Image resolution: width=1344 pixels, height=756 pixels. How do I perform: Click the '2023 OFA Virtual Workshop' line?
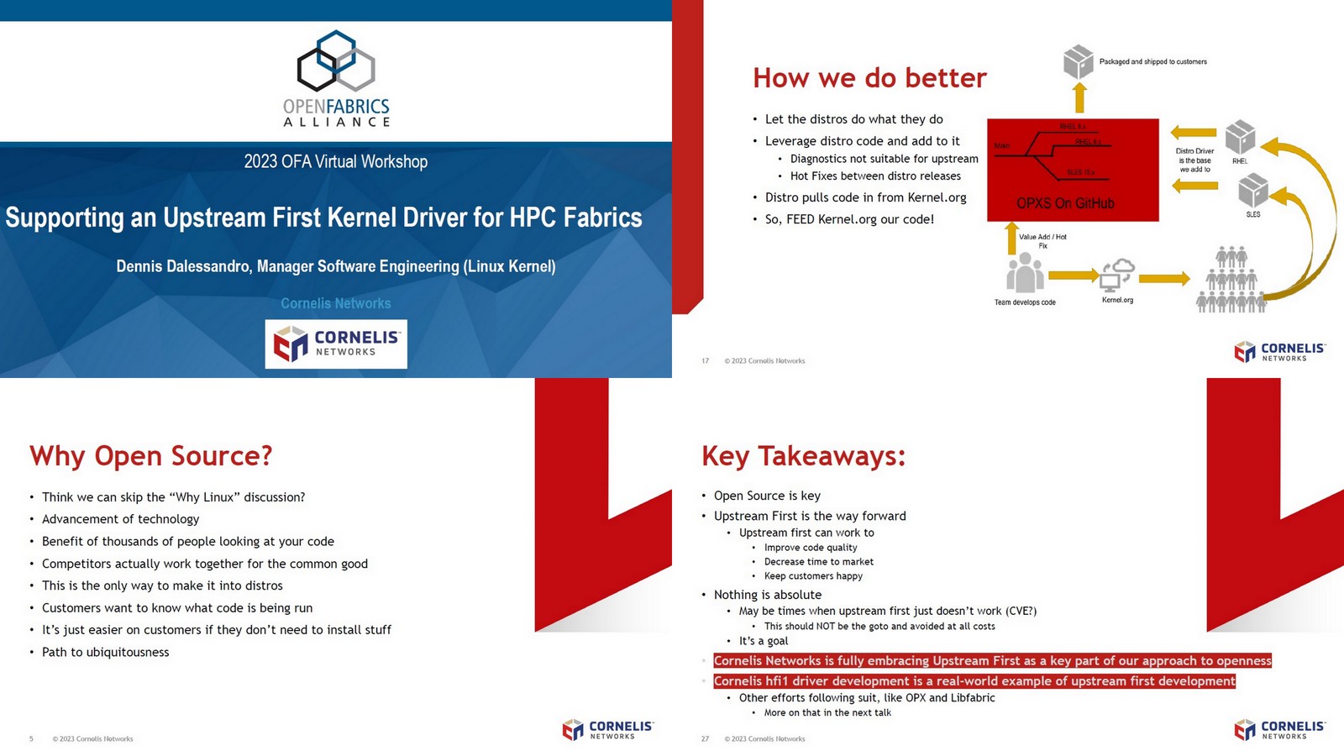click(x=336, y=161)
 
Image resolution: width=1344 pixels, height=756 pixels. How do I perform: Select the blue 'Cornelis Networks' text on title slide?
click(x=336, y=303)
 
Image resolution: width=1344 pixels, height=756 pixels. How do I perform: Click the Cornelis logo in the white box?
click(x=336, y=344)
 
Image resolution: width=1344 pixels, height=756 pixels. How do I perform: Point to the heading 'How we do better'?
click(x=869, y=78)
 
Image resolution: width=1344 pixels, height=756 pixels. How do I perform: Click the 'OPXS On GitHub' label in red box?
click(x=1065, y=203)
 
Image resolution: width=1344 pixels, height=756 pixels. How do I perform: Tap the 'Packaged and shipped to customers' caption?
click(x=1152, y=62)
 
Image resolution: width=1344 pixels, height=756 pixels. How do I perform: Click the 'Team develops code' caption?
click(x=1025, y=302)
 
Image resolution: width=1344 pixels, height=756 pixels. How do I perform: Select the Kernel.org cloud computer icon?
click(x=1117, y=275)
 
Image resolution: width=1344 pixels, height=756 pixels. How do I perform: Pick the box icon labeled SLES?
click(x=1253, y=190)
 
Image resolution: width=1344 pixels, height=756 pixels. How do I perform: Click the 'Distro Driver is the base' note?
click(x=1194, y=160)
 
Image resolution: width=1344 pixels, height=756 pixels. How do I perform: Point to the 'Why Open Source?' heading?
click(x=151, y=456)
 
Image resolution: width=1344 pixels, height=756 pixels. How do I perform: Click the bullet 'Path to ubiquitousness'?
click(x=106, y=652)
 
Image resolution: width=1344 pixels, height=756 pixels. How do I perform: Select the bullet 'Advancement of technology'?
click(x=121, y=519)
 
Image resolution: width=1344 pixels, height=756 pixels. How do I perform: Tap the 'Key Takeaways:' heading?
click(x=804, y=456)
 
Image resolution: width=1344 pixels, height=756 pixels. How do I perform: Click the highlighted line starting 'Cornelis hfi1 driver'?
click(x=974, y=681)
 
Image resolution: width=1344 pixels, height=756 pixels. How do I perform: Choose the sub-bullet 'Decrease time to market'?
click(x=819, y=562)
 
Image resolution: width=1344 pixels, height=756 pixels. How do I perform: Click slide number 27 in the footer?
click(x=705, y=739)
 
